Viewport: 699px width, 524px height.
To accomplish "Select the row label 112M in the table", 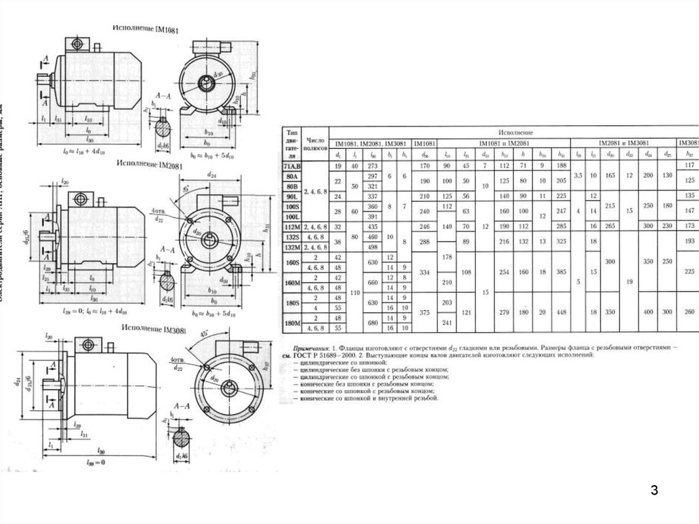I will point(294,226).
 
